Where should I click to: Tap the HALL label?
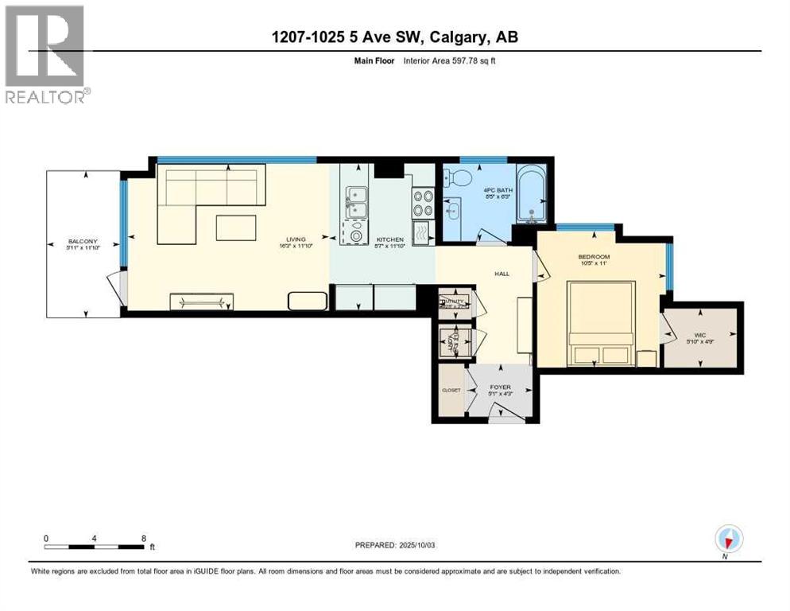[501, 274]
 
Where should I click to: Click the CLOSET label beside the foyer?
[451, 390]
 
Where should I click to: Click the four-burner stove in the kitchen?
[423, 204]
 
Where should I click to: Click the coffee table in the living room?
[236, 228]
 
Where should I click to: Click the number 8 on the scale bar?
[142, 538]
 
